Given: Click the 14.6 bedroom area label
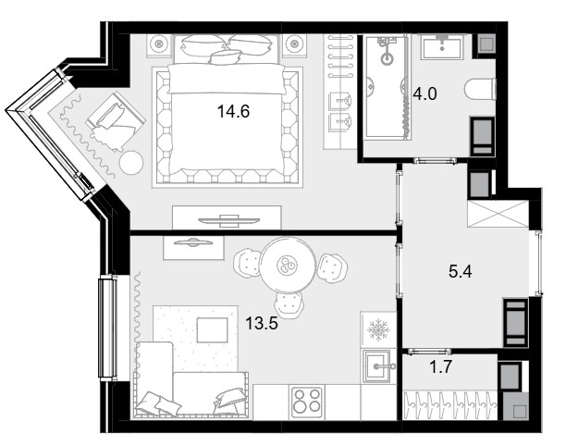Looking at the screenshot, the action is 234,112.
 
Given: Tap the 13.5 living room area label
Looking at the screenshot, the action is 262,323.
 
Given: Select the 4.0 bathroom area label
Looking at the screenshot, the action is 424,93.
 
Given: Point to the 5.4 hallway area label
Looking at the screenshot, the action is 461,271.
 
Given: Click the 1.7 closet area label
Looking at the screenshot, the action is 440,367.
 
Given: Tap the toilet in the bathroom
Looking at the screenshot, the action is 480,89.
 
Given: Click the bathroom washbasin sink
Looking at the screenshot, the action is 442,46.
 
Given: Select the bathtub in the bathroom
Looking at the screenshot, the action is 386,87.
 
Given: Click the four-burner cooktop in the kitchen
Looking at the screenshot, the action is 307,401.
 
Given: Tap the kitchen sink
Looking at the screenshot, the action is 376,366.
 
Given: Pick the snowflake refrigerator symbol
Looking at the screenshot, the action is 378,329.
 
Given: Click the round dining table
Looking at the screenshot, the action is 287,266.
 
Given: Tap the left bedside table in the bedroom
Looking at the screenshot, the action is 159,45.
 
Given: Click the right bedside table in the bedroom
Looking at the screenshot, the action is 294,45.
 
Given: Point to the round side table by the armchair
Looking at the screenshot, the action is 131,163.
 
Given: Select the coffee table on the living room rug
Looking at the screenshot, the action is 213,329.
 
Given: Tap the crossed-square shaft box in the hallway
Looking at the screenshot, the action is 498,214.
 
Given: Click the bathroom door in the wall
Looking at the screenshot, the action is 435,161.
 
